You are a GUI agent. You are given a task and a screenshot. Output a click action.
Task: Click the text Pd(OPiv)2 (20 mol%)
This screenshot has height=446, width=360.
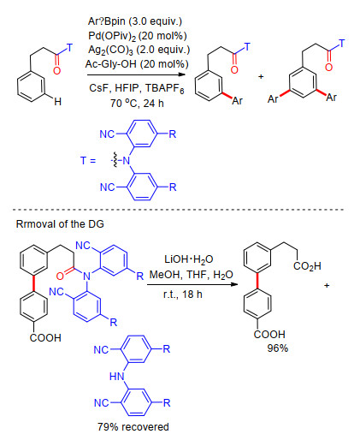pos(138,36)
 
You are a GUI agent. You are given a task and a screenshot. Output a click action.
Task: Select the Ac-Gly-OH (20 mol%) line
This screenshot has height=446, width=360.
pos(137,64)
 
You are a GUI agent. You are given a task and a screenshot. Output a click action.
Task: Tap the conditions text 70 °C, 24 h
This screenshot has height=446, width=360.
pos(137,103)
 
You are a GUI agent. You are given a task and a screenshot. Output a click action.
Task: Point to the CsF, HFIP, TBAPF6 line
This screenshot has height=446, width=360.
pos(137,88)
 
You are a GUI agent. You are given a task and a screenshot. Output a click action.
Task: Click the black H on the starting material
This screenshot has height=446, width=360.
pos(58,102)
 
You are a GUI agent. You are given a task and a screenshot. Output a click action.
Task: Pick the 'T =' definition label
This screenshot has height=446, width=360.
pos(88,160)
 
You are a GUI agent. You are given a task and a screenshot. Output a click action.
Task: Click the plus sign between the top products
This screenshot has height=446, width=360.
pos(261,76)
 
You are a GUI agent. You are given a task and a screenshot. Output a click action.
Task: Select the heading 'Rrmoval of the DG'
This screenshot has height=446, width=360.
pos(60,224)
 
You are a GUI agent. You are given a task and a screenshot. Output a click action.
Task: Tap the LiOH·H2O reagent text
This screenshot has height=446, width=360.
pos(189,259)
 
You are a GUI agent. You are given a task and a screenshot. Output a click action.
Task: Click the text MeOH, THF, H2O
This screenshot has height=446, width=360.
pos(192,275)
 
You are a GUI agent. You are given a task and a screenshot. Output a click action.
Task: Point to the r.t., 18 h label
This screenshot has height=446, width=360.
pos(183,294)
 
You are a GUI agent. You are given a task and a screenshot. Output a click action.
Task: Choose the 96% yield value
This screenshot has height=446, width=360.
pos(278,348)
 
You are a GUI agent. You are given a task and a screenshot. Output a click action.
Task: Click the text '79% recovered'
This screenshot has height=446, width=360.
pos(133,427)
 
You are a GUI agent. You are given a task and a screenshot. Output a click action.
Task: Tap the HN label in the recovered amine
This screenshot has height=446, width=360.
pos(117,377)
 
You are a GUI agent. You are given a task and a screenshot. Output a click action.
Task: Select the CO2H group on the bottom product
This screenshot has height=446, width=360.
pos(307,266)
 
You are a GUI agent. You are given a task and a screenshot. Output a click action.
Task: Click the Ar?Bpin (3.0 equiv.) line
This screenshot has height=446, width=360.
pos(135,21)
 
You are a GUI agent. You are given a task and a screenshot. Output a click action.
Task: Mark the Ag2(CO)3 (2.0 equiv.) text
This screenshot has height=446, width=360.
pos(139,50)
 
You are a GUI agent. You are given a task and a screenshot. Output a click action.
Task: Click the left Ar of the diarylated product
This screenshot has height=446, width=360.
pos(273,99)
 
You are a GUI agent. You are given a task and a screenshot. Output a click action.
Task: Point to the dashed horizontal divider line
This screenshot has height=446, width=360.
pos(179,210)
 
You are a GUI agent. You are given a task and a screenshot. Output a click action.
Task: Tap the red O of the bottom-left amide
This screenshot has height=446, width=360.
pos(60,276)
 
